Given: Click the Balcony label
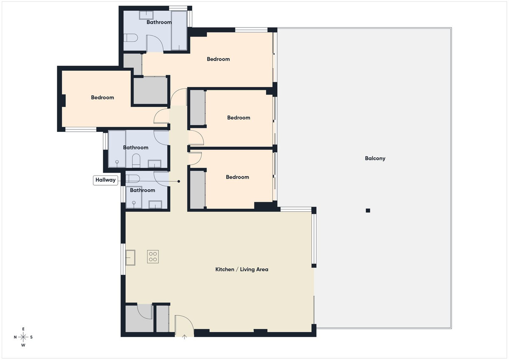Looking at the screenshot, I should tap(375, 159).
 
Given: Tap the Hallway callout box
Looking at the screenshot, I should tap(105, 180).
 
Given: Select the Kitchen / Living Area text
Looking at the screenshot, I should tap(242, 270).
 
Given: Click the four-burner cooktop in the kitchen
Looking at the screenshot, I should tap(153, 257).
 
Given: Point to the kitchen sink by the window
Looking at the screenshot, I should tap(130, 257).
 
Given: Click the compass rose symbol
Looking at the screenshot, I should tap(24, 337).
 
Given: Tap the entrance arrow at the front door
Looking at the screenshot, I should tap(185, 338).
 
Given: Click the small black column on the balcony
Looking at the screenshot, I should tap(368, 211).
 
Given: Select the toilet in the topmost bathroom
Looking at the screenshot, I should tap(131, 38).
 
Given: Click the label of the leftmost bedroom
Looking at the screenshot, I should tap(103, 98).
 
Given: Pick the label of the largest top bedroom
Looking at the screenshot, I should tap(218, 59).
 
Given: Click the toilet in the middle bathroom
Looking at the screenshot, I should tap(136, 160).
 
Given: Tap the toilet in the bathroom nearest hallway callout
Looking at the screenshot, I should tap(133, 178).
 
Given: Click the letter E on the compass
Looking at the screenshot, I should tap(24, 329).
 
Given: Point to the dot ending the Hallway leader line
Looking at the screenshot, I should tap(179, 181).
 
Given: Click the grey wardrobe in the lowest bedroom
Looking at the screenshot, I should tap(197, 189).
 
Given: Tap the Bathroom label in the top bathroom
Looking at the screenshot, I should tap(159, 22).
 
